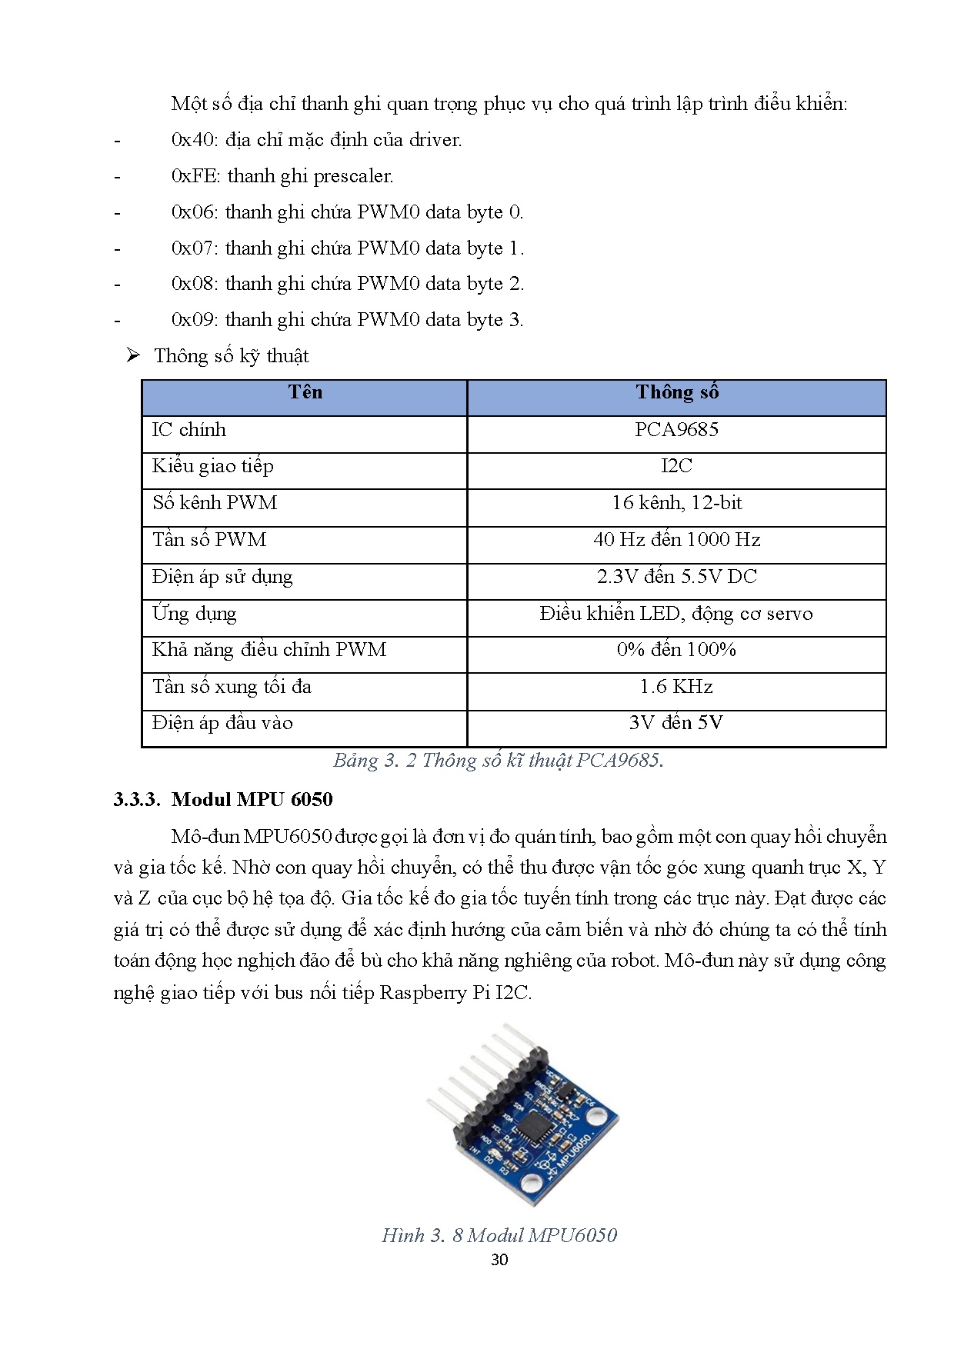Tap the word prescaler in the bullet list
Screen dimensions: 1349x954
pos(353,176)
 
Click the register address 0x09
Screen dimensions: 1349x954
pos(195,320)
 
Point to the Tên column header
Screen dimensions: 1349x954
pos(305,393)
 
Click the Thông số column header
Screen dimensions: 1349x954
pos(676,393)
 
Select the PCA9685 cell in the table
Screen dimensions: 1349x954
pos(676,430)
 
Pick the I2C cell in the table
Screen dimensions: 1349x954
pos(676,466)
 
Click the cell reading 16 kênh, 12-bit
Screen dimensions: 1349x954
pos(676,503)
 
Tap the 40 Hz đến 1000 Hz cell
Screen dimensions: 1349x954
pos(676,540)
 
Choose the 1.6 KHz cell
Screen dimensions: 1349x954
pos(676,687)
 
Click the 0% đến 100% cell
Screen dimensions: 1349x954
pos(676,650)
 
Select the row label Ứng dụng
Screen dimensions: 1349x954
pos(195,614)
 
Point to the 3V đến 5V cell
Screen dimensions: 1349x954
pos(676,723)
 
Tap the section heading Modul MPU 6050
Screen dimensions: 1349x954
pos(252,800)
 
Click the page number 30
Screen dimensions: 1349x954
pos(499,1260)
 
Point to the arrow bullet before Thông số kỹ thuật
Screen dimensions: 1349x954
pos(133,355)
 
